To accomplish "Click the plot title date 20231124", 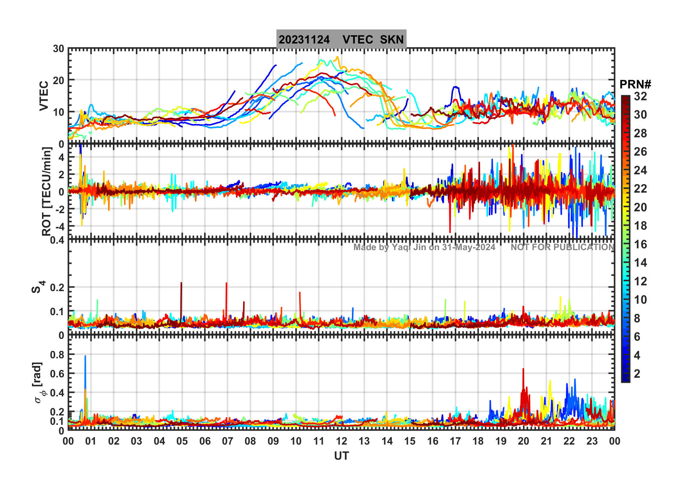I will (304, 40).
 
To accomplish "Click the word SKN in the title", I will (392, 40).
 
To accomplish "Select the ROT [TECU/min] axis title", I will (47, 191).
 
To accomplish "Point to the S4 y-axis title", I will (38, 287).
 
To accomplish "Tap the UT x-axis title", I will (341, 456).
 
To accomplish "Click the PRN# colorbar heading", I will (635, 84).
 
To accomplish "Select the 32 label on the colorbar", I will (640, 96).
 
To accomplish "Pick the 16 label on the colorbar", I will (640, 244).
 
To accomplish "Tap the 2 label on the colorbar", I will (637, 374).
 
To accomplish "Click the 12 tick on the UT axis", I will (341, 441).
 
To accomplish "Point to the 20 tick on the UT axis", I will (524, 441).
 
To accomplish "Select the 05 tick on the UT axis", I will (182, 441).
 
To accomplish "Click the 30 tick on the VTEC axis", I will (59, 49).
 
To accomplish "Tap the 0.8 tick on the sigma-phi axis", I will (57, 355).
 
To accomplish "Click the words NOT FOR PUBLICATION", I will (562, 247).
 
